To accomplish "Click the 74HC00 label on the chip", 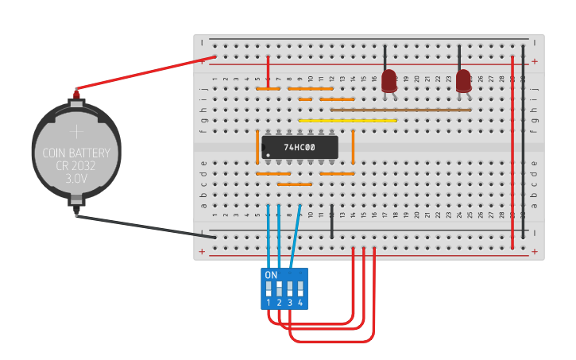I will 300,147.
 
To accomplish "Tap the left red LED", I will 389,80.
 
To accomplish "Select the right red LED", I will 463,80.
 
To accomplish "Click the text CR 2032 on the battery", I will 76,166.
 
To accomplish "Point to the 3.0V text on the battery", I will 76,180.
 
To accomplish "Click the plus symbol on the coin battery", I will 76,131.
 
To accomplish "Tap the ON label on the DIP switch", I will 271,275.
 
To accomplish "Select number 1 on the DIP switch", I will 269,303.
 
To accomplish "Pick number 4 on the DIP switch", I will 300,303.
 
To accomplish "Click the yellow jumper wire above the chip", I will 347,121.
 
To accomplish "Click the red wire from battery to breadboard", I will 143,74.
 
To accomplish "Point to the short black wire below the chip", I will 331,222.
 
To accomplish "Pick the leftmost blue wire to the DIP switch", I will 269,234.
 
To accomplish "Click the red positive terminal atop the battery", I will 76,94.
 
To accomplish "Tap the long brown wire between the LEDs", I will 401,110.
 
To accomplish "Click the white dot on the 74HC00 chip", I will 268,155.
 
